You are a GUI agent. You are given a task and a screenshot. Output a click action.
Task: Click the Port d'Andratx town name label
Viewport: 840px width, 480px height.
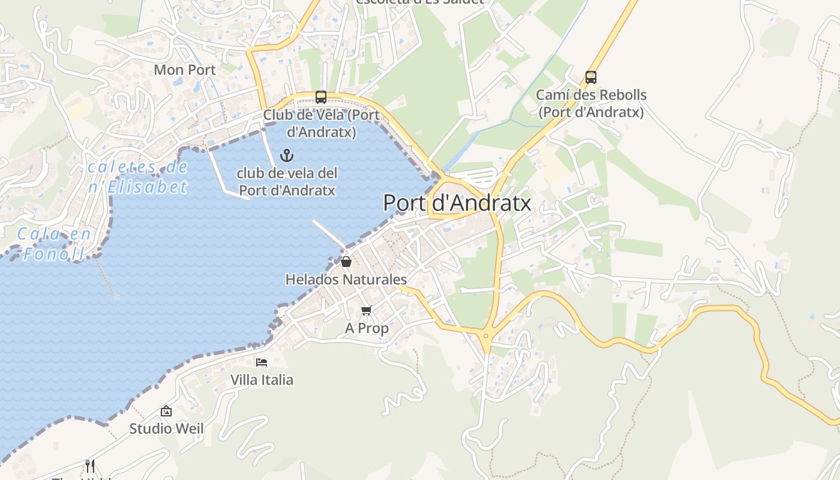pyautogui.click(x=457, y=203)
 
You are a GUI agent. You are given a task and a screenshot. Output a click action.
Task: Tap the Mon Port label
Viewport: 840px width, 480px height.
pyautogui.click(x=185, y=70)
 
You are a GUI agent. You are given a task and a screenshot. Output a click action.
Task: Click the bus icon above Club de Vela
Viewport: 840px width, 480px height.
pyautogui.click(x=321, y=97)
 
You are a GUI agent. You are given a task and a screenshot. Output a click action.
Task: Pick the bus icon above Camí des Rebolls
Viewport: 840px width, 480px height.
pyautogui.click(x=591, y=77)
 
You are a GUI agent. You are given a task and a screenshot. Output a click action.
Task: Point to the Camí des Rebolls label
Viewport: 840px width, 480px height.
pyautogui.click(x=591, y=103)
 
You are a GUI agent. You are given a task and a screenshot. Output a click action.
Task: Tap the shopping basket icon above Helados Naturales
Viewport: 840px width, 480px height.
pyautogui.click(x=346, y=262)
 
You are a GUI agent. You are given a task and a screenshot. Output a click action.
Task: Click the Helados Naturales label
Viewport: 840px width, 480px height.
pyautogui.click(x=346, y=280)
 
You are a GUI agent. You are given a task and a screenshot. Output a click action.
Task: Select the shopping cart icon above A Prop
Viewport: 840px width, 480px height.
pyautogui.click(x=367, y=310)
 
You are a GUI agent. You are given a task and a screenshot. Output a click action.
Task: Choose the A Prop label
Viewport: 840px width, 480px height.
pyautogui.click(x=367, y=328)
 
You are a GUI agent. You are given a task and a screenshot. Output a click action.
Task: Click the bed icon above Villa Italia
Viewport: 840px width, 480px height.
pyautogui.click(x=262, y=362)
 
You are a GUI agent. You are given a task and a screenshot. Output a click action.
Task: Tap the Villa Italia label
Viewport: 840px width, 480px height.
pyautogui.click(x=262, y=380)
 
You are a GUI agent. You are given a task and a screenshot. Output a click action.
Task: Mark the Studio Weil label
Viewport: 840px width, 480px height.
pyautogui.click(x=167, y=429)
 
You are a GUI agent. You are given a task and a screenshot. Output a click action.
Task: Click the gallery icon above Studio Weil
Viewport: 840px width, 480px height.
pyautogui.click(x=166, y=411)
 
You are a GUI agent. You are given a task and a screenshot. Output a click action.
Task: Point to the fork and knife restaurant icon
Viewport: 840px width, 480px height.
pyautogui.click(x=90, y=466)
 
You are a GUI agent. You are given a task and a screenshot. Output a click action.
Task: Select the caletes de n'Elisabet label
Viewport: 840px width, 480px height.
pyautogui.click(x=138, y=177)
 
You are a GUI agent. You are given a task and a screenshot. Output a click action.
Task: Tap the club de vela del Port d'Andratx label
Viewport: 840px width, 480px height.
pyautogui.click(x=287, y=182)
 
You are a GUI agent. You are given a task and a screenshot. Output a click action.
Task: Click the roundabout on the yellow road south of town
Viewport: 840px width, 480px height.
pyautogui.click(x=486, y=335)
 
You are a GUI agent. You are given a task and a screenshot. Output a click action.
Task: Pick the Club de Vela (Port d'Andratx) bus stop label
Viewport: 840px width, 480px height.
pyautogui.click(x=321, y=123)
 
